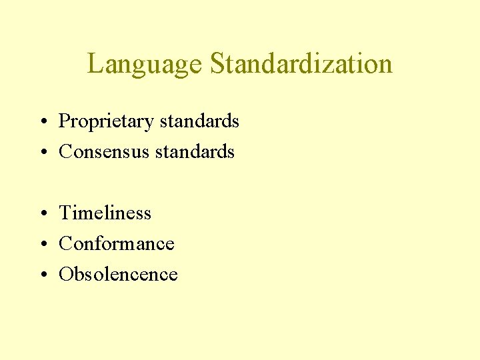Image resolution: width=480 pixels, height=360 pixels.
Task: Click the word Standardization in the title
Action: click(301, 64)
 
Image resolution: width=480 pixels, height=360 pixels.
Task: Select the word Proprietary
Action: click(106, 122)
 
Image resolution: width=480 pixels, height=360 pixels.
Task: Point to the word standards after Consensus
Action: click(195, 152)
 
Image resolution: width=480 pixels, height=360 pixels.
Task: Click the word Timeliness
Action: click(105, 213)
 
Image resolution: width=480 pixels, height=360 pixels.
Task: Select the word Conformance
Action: click(117, 244)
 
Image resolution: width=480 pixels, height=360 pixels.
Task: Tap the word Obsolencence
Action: click(118, 275)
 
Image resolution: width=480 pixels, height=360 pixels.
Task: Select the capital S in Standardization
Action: click(217, 65)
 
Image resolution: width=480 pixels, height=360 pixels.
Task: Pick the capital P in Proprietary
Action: click(65, 121)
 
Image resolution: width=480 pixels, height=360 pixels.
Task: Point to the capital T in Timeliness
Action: click(65, 213)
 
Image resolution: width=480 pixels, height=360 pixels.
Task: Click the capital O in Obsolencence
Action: click(66, 275)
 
